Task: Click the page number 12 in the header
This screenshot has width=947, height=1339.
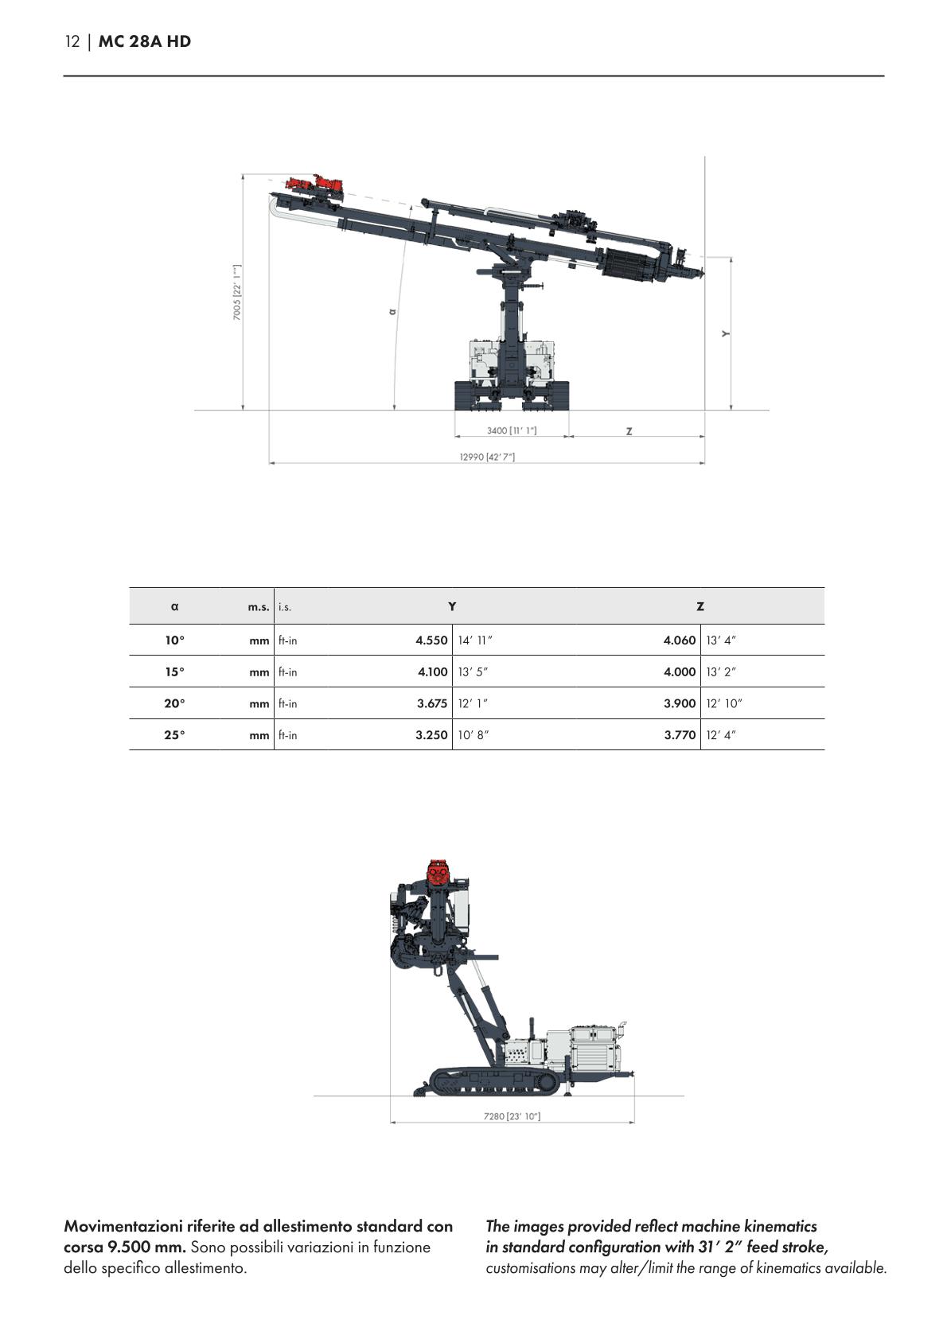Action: (72, 42)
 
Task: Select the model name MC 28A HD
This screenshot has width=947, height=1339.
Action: (145, 42)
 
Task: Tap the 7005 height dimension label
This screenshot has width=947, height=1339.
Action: (237, 292)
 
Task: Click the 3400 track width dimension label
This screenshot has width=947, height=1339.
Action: (512, 430)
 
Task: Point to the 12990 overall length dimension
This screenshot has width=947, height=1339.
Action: (487, 457)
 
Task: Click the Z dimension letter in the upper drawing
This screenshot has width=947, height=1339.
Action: (629, 431)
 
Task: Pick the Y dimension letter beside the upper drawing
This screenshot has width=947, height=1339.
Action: (726, 333)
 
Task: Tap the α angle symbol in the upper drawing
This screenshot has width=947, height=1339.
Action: (392, 311)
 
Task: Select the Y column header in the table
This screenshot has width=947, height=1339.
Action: (452, 607)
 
